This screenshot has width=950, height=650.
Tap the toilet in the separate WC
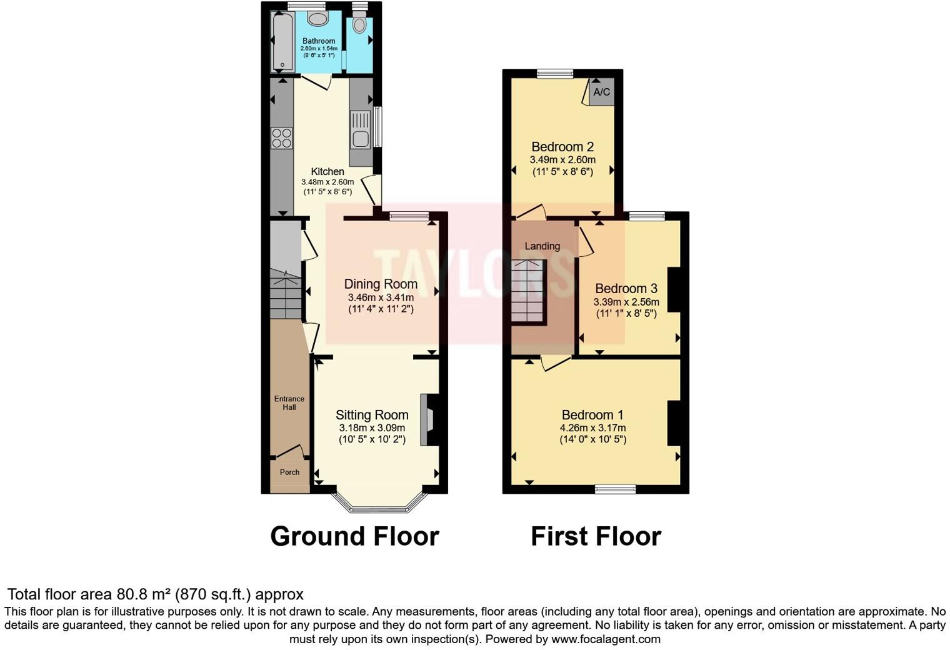(359, 24)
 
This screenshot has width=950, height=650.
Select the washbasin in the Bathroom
(317, 19)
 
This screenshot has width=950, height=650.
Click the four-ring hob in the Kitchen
(282, 138)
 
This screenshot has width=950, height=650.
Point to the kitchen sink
(361, 130)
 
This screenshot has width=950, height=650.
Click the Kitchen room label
(327, 171)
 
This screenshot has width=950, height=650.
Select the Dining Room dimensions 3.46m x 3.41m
(381, 297)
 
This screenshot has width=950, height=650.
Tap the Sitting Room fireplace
(427, 419)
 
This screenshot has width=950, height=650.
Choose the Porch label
(289, 472)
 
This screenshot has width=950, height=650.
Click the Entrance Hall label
(289, 403)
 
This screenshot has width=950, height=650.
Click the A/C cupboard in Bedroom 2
(601, 92)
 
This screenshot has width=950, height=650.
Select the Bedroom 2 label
(562, 147)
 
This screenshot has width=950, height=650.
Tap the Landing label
(542, 246)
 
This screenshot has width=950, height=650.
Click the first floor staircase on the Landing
(527, 291)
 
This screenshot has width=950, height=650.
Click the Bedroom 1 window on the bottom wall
(615, 489)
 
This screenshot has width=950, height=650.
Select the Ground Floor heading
(354, 536)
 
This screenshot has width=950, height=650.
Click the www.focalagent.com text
(606, 639)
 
